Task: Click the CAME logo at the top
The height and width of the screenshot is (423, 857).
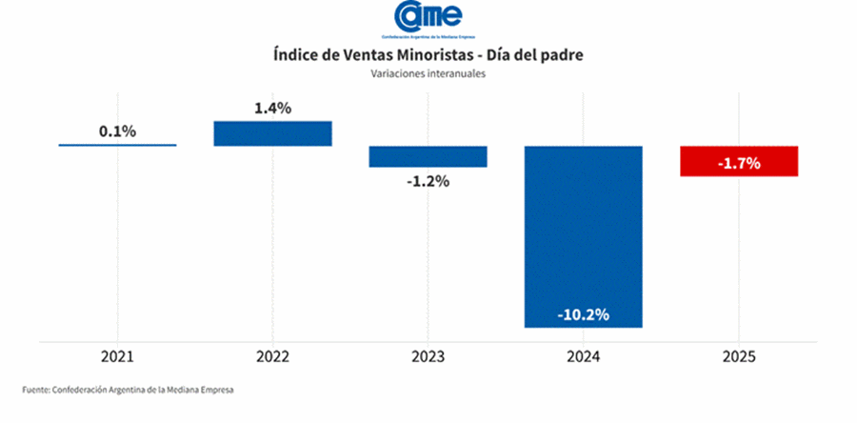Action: tap(428, 18)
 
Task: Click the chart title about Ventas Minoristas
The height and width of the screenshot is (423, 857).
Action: tap(428, 55)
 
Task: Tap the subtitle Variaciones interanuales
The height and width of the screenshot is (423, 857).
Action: tap(428, 74)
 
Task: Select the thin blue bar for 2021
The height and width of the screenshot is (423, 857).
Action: tap(117, 145)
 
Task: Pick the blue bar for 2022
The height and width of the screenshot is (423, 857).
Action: tap(272, 133)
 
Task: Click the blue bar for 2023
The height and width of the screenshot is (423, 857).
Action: tap(428, 156)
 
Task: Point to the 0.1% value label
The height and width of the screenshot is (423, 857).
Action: tap(117, 131)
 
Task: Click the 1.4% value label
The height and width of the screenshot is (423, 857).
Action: tap(272, 109)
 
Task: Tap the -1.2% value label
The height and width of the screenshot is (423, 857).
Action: tap(428, 180)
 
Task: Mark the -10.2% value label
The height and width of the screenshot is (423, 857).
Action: tap(583, 315)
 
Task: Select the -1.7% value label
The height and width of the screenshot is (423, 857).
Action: tap(738, 163)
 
